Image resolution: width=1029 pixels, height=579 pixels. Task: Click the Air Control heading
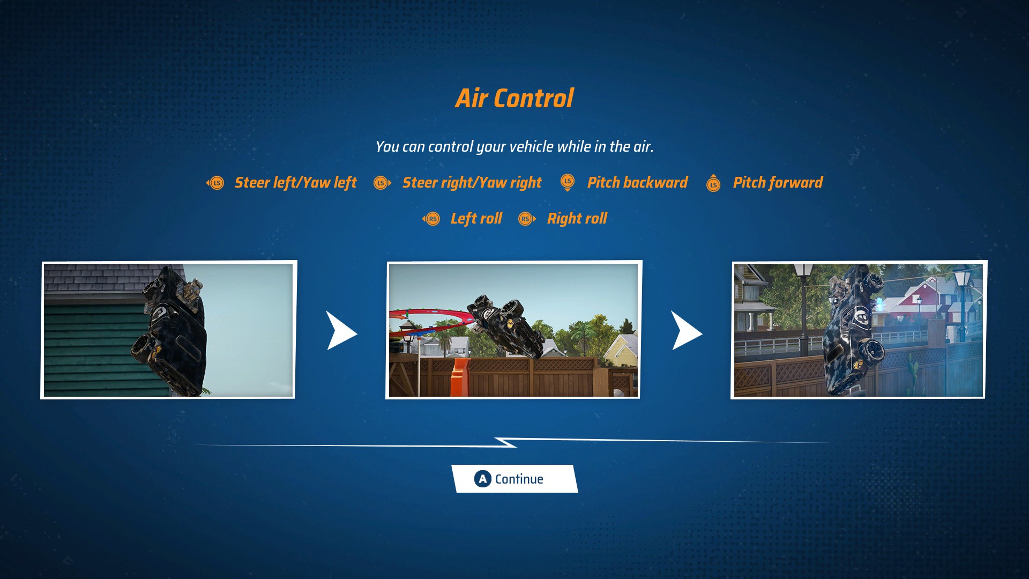pyautogui.click(x=514, y=99)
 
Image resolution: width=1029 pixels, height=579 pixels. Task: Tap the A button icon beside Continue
pyautogui.click(x=483, y=479)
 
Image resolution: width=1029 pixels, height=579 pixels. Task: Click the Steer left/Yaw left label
pyautogui.click(x=295, y=183)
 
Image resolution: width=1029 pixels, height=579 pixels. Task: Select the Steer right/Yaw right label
pyautogui.click(x=472, y=183)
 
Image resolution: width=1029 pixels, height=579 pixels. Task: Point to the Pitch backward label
pyautogui.click(x=637, y=183)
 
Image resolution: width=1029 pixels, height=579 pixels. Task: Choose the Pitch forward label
pyautogui.click(x=778, y=183)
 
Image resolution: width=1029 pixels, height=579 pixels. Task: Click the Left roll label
pyautogui.click(x=476, y=219)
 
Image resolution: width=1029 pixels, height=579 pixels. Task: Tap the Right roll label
pyautogui.click(x=577, y=219)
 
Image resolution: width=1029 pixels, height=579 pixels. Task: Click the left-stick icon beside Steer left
pyautogui.click(x=215, y=183)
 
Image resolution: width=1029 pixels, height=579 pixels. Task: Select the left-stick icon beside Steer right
pyautogui.click(x=382, y=183)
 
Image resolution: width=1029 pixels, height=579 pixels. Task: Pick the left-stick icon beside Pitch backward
pyautogui.click(x=568, y=182)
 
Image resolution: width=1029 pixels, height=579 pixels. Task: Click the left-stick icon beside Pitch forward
pyautogui.click(x=713, y=183)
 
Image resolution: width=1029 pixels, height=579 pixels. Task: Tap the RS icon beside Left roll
pyautogui.click(x=431, y=219)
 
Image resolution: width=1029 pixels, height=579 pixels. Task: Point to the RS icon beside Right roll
pyautogui.click(x=527, y=219)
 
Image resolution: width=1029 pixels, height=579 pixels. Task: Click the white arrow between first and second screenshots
pyautogui.click(x=341, y=331)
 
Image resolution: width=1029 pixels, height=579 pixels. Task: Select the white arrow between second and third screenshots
pyautogui.click(x=686, y=331)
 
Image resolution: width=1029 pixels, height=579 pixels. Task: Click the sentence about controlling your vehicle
pyautogui.click(x=514, y=147)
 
